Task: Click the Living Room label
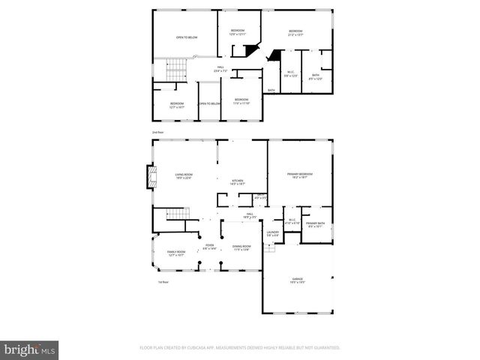tap(184, 175)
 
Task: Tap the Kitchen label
tap(238, 180)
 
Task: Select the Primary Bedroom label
tap(299, 175)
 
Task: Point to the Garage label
tap(298, 279)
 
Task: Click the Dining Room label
tap(241, 247)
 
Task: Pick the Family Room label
tap(176, 253)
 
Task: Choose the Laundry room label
tap(273, 232)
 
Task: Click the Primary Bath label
tap(316, 223)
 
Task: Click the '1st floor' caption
tap(163, 282)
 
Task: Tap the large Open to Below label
tap(186, 37)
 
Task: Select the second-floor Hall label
tap(221, 69)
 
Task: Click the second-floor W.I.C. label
tap(290, 73)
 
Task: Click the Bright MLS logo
tap(30, 349)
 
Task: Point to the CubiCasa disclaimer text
tap(240, 348)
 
